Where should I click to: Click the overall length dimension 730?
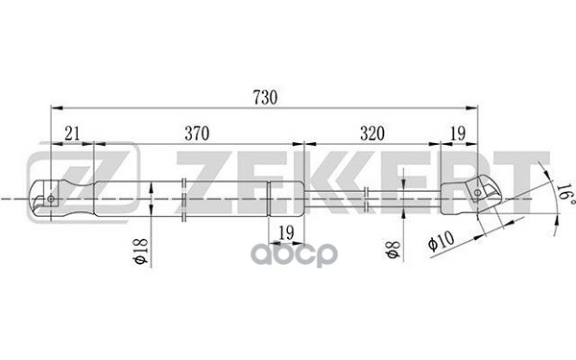click(x=264, y=97)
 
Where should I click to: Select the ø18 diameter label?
click(x=140, y=252)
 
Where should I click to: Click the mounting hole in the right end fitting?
click(x=477, y=195)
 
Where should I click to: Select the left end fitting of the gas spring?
click(x=62, y=199)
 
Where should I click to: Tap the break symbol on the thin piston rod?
click(x=370, y=198)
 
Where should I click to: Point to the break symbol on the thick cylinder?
click(x=181, y=199)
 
